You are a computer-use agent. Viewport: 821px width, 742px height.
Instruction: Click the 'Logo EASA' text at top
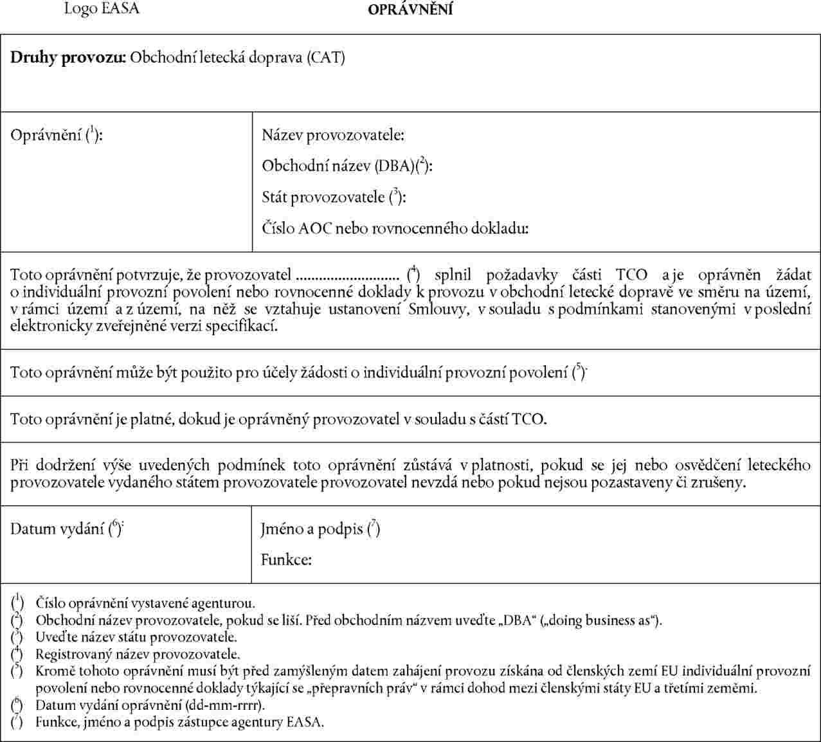pyautogui.click(x=101, y=9)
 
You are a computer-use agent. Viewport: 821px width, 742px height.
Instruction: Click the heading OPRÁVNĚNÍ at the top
pyautogui.click(x=410, y=10)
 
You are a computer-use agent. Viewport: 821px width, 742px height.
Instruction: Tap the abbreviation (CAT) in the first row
pyautogui.click(x=325, y=58)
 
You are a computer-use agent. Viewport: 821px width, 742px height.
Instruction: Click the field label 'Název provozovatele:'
pyautogui.click(x=333, y=136)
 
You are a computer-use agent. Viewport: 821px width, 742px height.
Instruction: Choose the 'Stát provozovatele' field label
pyautogui.click(x=325, y=197)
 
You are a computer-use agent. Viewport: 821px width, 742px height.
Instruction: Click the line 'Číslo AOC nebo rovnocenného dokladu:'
pyautogui.click(x=395, y=228)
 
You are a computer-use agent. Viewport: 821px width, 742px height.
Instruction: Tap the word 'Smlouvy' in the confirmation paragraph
pyautogui.click(x=433, y=310)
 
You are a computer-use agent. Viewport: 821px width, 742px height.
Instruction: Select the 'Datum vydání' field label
pyautogui.click(x=57, y=529)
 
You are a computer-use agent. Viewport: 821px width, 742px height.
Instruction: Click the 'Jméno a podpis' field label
pyautogui.click(x=313, y=529)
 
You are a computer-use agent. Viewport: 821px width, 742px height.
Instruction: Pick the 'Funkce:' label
pyautogui.click(x=286, y=559)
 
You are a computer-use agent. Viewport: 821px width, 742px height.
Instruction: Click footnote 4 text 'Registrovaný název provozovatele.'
pyautogui.click(x=138, y=655)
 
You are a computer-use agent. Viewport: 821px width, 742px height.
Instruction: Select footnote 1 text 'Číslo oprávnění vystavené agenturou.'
pyautogui.click(x=145, y=603)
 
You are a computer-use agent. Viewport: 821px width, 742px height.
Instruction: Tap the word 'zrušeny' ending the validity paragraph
pyautogui.click(x=721, y=482)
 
